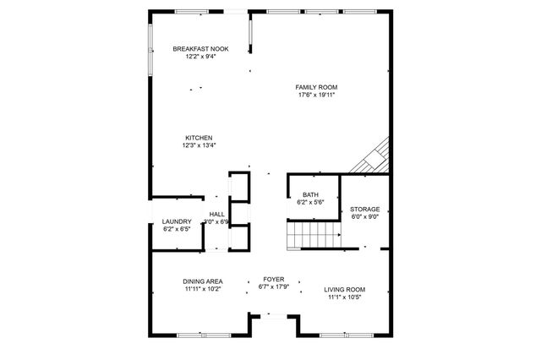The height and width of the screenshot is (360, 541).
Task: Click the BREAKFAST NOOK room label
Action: point(199,50)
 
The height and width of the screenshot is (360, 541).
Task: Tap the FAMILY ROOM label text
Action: point(317,87)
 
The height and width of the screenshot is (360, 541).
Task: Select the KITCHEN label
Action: point(199,138)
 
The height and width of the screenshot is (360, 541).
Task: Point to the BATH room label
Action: point(311,195)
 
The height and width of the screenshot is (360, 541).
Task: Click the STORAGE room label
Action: point(365,209)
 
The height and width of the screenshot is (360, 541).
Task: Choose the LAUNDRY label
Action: point(178,221)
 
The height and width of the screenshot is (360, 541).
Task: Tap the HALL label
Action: point(217,214)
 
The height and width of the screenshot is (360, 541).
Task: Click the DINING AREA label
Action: point(203,281)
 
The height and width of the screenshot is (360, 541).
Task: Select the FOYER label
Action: point(273,279)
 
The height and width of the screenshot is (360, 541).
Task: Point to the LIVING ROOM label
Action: point(344,290)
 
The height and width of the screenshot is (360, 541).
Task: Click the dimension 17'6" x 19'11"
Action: point(317,95)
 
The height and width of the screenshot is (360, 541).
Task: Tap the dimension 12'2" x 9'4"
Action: point(199,57)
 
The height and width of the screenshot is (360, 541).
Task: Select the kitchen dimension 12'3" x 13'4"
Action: point(199,145)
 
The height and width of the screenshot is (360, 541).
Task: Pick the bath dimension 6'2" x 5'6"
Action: point(311,203)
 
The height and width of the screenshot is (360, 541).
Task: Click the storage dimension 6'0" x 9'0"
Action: point(365,216)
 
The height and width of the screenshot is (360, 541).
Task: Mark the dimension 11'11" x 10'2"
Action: point(203,289)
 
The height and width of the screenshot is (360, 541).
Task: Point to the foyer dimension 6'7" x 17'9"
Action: point(273,286)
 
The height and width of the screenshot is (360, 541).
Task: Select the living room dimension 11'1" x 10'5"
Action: point(344,297)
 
